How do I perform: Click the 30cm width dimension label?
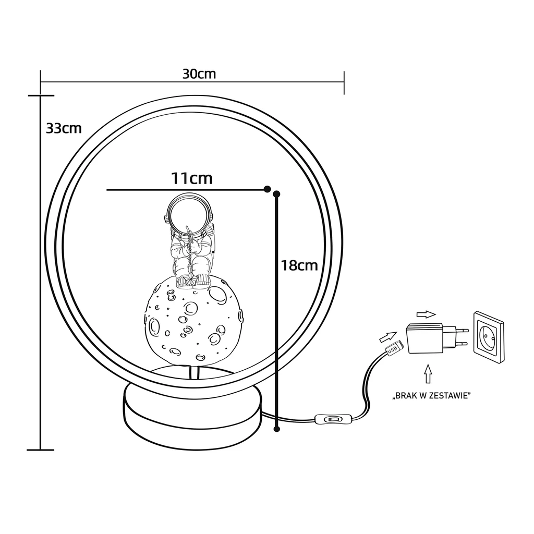[199, 74]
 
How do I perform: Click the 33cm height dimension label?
[64, 128]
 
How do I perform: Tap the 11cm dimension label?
[192, 178]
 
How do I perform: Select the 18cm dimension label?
[299, 265]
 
